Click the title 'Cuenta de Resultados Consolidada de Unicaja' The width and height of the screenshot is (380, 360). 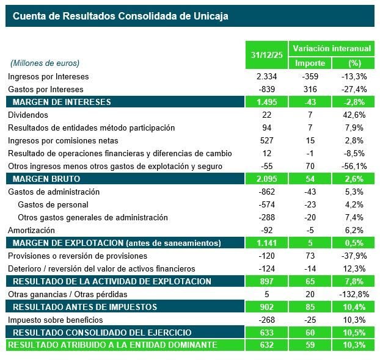coord(120,16)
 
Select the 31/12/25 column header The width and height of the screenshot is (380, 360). coord(267,56)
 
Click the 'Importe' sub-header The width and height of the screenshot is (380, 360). coord(310,63)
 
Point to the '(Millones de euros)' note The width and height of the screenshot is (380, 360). coord(45,63)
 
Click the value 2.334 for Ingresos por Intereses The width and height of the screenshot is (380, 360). coord(267,76)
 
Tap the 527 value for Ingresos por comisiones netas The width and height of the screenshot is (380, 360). coord(267,140)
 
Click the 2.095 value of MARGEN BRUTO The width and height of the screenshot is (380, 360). coord(267,179)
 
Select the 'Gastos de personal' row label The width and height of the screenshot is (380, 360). coord(53,204)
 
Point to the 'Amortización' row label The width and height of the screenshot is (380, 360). coord(31,230)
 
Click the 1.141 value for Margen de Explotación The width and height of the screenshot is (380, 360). coord(267,243)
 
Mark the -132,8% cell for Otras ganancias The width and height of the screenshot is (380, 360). coord(353,294)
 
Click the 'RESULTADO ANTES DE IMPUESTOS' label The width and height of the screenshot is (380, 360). coord(85,307)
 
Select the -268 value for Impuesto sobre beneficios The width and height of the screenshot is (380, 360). coord(267,320)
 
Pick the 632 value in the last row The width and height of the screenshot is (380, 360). coord(267,345)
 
